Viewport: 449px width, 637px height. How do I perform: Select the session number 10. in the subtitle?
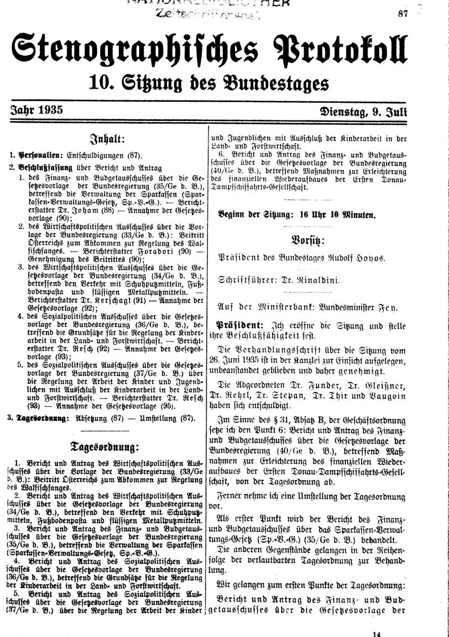click(x=101, y=84)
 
